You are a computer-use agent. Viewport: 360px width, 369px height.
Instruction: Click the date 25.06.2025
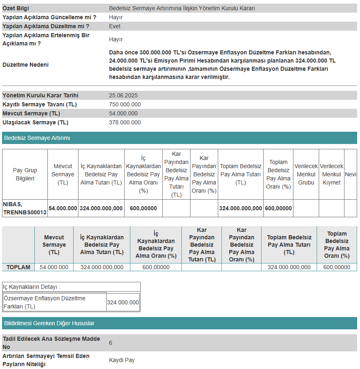123,95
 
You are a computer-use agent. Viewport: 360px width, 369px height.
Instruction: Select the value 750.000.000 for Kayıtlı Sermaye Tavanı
125,104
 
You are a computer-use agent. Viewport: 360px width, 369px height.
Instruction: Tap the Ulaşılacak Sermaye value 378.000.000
125,122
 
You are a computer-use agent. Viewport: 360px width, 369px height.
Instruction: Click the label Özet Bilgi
16,8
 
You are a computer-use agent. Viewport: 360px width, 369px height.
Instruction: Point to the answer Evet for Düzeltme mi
115,26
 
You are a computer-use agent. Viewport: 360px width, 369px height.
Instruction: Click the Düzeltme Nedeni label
25,65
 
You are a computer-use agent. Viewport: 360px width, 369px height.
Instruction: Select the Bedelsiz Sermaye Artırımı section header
37,138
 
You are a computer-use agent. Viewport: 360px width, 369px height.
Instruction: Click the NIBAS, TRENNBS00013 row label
25,208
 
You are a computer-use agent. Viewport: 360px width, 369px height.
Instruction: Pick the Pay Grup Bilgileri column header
25,174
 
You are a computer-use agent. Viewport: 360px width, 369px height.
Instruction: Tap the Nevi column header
351,174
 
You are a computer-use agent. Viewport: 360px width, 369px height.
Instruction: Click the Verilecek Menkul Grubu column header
306,174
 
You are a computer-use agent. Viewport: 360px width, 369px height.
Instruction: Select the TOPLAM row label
18,267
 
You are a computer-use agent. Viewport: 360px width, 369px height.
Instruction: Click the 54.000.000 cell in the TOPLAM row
54,267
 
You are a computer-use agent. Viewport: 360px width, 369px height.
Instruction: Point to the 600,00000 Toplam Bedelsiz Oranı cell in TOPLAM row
337,267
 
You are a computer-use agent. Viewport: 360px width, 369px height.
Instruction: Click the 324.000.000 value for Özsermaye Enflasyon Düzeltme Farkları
123,302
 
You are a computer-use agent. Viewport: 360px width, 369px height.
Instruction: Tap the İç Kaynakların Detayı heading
31,287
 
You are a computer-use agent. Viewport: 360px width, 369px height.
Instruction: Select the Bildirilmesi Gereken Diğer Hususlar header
49,323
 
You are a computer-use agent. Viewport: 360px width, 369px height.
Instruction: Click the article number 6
111,343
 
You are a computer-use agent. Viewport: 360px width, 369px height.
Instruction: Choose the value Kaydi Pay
122,360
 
